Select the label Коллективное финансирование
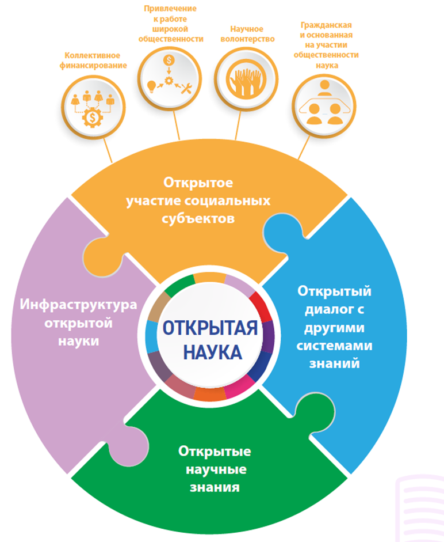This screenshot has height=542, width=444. (x=91, y=60)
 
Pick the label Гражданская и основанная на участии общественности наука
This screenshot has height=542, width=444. (x=325, y=46)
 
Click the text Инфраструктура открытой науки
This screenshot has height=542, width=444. (x=78, y=322)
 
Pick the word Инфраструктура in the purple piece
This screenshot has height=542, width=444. (x=78, y=304)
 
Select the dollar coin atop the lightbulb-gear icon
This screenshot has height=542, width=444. (x=169, y=59)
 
